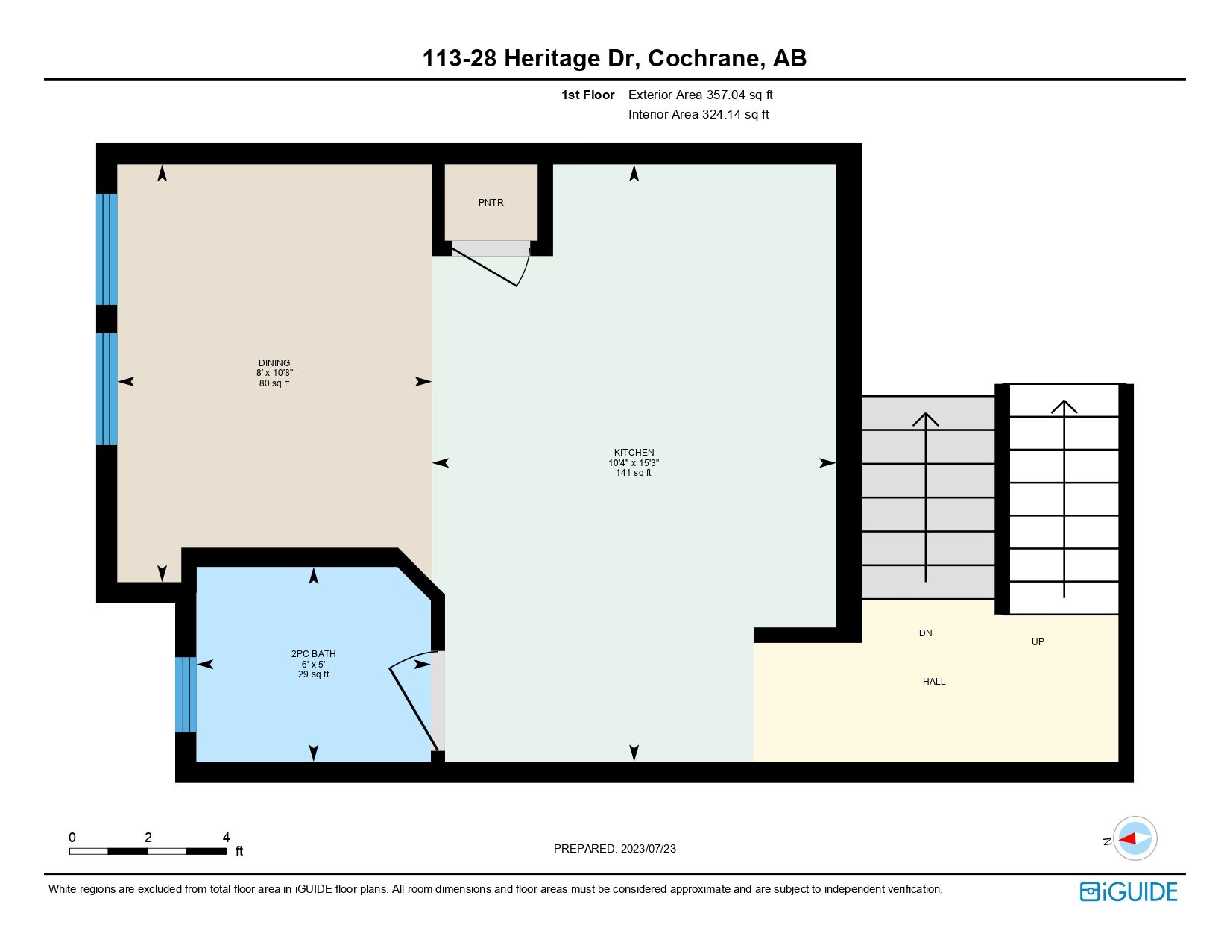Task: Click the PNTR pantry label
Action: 491,203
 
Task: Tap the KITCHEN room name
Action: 634,453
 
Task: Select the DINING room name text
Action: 274,363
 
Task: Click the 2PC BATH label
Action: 313,654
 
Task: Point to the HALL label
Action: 933,682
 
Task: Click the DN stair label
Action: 925,633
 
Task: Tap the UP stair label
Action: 1037,642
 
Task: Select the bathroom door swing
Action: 410,701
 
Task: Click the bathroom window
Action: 186,694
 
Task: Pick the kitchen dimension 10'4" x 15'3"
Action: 634,463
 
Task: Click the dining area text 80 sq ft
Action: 274,383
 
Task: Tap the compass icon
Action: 1135,838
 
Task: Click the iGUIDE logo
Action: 1129,891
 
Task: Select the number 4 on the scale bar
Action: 226,838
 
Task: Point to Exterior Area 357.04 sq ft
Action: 700,95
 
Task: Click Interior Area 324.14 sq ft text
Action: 698,115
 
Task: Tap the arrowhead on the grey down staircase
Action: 925,419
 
